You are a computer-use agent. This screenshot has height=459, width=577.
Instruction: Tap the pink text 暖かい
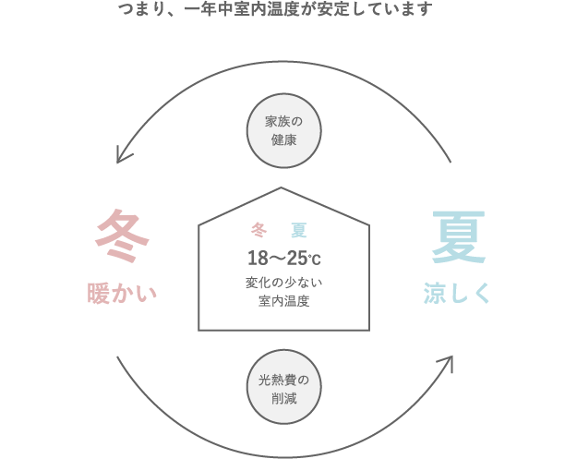pyautogui.click(x=123, y=294)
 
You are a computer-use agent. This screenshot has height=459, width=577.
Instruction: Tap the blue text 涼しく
pyautogui.click(x=458, y=294)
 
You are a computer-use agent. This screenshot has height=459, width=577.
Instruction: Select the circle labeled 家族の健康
pyautogui.click(x=283, y=131)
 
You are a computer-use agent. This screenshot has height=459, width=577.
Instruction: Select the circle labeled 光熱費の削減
pyautogui.click(x=283, y=388)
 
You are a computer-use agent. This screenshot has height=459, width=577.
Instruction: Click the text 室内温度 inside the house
pyautogui.click(x=283, y=301)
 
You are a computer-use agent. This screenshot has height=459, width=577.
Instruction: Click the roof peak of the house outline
pyautogui.click(x=282, y=188)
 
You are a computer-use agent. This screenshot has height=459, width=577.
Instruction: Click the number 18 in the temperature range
pyautogui.click(x=256, y=257)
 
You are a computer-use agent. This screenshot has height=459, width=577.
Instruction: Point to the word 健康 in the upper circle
pyautogui.click(x=283, y=141)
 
